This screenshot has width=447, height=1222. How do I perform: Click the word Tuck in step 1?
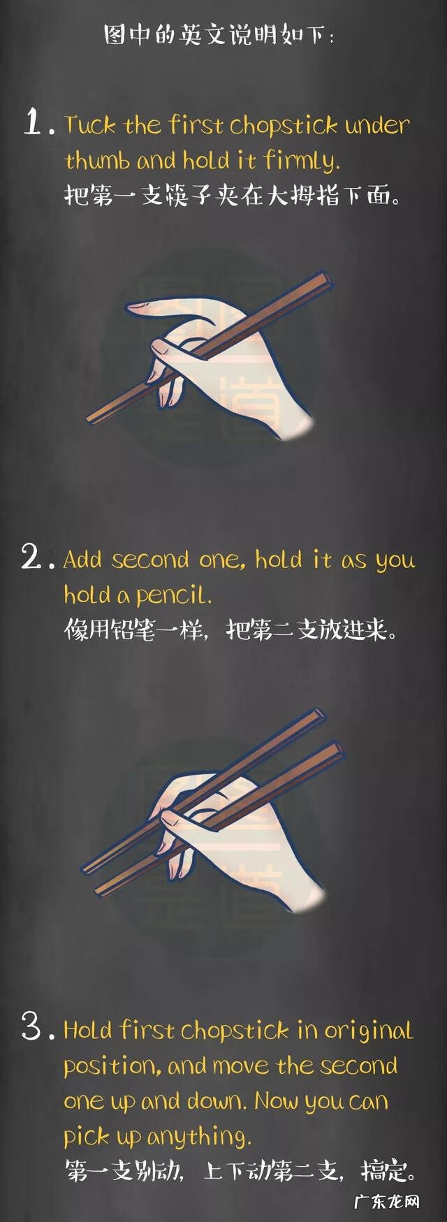pos(90,126)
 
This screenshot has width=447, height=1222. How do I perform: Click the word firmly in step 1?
pos(302,161)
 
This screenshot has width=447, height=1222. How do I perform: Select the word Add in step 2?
pos(82,560)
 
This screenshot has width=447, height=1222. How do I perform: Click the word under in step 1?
pos(376,126)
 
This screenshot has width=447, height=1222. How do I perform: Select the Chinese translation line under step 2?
pos(231,630)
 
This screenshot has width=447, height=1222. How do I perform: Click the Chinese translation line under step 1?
pos(233,196)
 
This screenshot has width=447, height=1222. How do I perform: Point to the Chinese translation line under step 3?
pos(241,1170)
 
